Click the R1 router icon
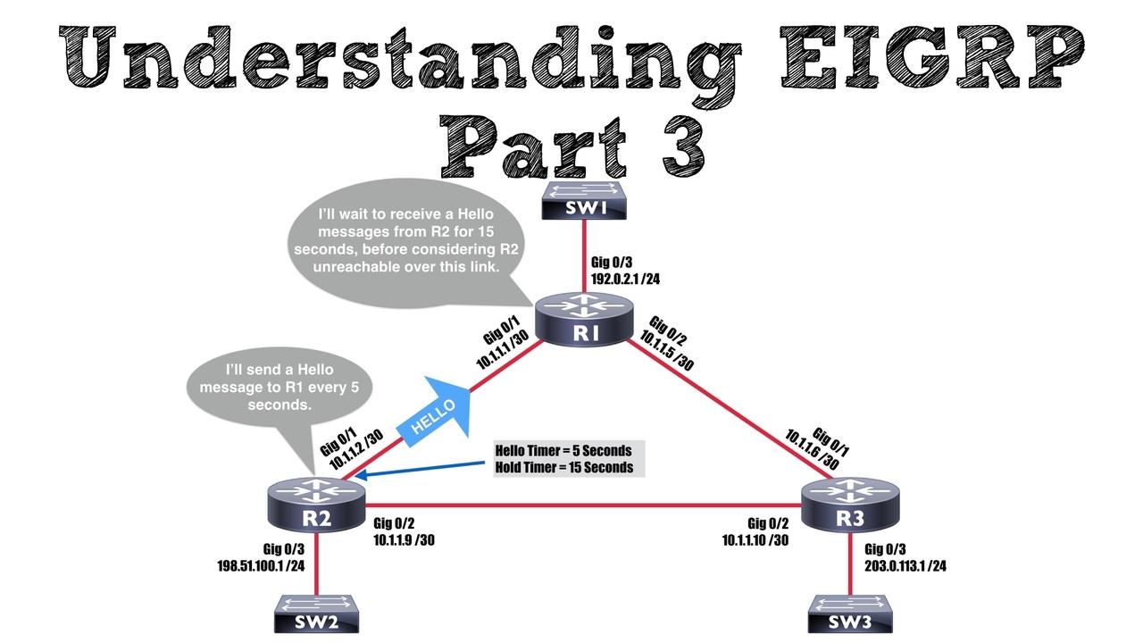tap(584, 320)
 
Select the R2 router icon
tap(316, 505)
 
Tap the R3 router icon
tap(850, 505)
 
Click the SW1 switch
tap(584, 201)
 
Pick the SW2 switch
tap(316, 614)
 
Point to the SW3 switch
tap(850, 614)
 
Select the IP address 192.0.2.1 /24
tap(625, 279)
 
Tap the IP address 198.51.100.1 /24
tap(261, 565)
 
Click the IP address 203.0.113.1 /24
tap(905, 565)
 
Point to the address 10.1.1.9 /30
tap(404, 540)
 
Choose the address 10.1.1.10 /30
tap(755, 540)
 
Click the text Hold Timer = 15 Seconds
tap(564, 467)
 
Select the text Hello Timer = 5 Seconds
tap(563, 451)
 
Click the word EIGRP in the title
tap(931, 57)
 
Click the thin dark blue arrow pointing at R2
tap(419, 470)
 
